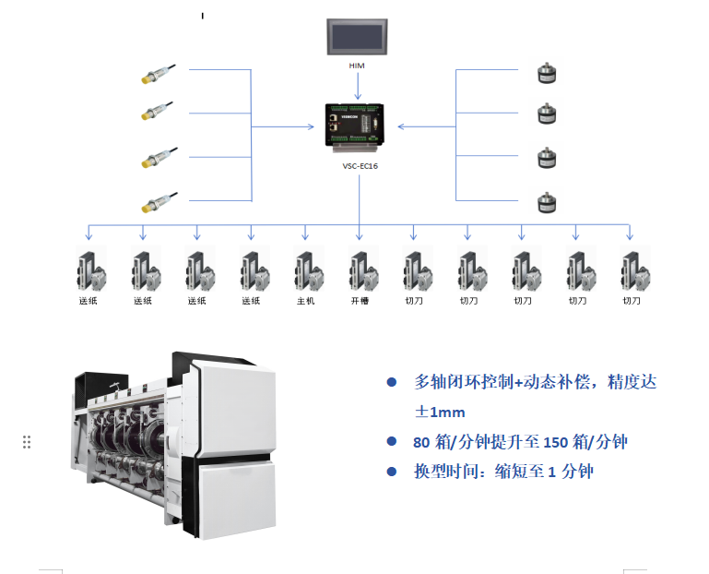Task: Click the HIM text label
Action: pos(357,66)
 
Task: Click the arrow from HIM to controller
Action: pos(358,87)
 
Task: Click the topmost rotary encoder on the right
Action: pos(548,73)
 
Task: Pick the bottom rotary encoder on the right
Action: pos(548,200)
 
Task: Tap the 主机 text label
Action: pos(305,301)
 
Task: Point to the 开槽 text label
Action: pos(360,301)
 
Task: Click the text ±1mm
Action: pos(440,412)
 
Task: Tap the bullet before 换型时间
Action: pos(391,472)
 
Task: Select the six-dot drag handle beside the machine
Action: pos(27,442)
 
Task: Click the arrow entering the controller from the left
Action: pos(309,126)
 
